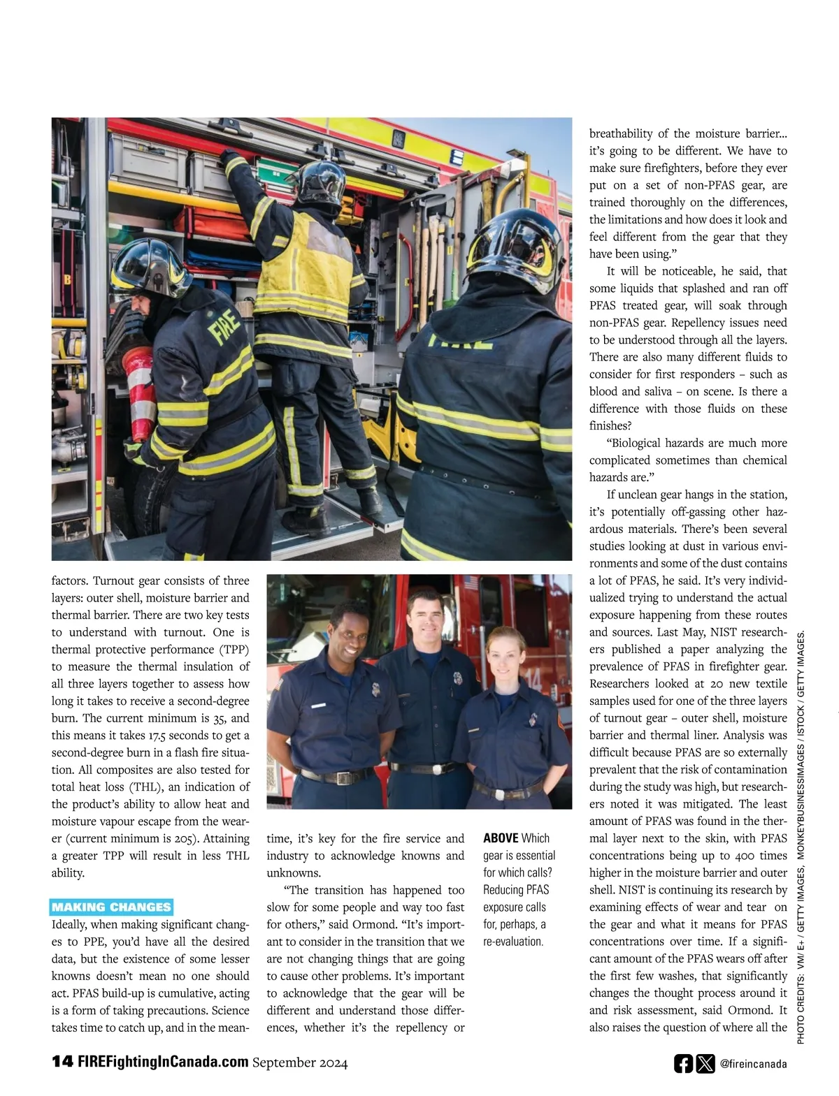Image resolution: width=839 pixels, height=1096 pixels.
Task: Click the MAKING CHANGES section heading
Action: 111,907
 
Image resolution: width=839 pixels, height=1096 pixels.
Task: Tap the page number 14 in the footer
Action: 62,1062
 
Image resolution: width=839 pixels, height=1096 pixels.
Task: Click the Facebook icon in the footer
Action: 683,1063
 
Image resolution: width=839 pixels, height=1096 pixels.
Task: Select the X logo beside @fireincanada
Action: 705,1063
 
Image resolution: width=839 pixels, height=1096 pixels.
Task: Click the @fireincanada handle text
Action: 752,1064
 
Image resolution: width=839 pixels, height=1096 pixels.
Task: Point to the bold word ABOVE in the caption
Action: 501,838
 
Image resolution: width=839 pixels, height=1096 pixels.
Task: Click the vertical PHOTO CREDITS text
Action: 801,838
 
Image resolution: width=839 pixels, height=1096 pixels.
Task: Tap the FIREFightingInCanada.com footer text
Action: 162,1062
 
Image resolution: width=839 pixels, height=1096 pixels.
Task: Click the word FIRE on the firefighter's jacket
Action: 225,326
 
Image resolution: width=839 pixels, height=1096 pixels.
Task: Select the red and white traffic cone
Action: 140,391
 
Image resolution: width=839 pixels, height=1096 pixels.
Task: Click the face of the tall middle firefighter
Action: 425,618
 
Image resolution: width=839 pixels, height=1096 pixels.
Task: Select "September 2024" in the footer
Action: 300,1062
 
